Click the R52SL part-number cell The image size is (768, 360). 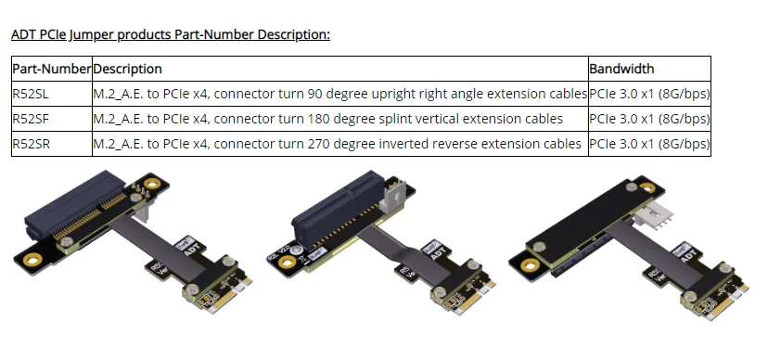[x=52, y=94]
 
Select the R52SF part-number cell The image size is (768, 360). [x=52, y=119]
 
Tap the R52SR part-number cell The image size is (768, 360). [x=52, y=144]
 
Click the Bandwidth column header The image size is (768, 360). [x=649, y=69]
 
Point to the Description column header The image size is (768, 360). [x=340, y=69]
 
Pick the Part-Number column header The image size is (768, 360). [x=52, y=69]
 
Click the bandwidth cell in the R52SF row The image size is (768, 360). [x=649, y=119]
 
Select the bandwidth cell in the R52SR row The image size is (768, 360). [x=649, y=144]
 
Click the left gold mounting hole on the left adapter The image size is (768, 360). [x=32, y=260]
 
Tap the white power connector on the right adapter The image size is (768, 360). [x=653, y=215]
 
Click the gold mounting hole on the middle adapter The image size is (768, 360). [x=285, y=263]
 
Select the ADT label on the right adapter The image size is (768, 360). [x=685, y=254]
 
